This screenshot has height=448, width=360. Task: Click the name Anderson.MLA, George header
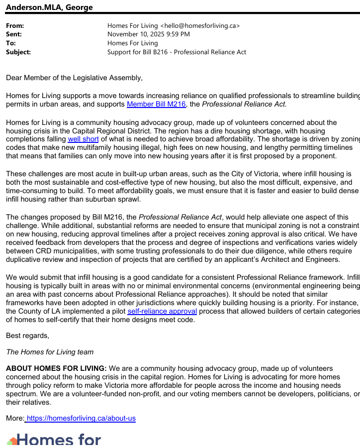[49, 7]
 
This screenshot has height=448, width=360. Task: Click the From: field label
[15, 25]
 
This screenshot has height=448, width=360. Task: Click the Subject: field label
[18, 52]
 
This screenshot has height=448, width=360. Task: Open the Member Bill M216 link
[156, 104]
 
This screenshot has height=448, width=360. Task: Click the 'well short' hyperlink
[83, 139]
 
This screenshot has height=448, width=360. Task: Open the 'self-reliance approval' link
[162, 311]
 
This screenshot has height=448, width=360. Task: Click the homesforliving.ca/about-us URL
[81, 418]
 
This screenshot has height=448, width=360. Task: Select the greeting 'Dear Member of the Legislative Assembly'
[74, 78]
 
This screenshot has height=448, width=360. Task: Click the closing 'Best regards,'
[27, 336]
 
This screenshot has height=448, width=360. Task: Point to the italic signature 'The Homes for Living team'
[50, 352]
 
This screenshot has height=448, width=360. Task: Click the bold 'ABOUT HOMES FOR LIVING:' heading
[56, 368]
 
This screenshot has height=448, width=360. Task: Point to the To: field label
[11, 43]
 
